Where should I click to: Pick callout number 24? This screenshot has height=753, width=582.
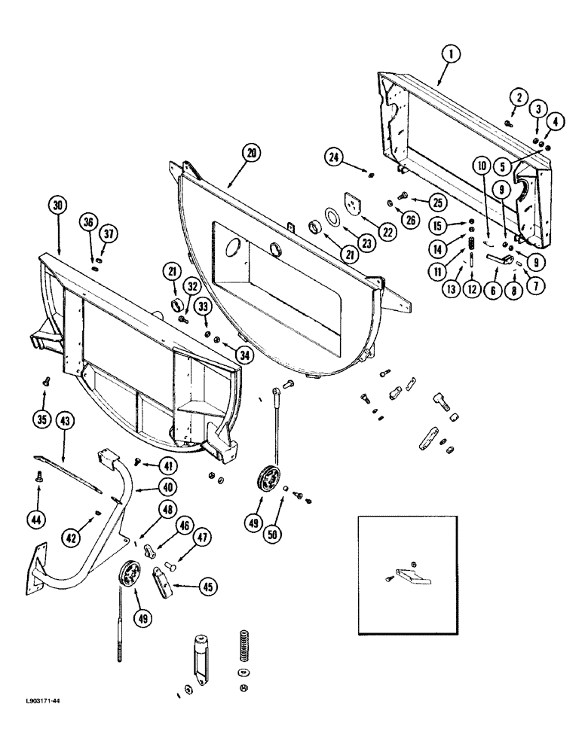point(334,157)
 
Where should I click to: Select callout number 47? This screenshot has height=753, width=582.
point(202,538)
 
